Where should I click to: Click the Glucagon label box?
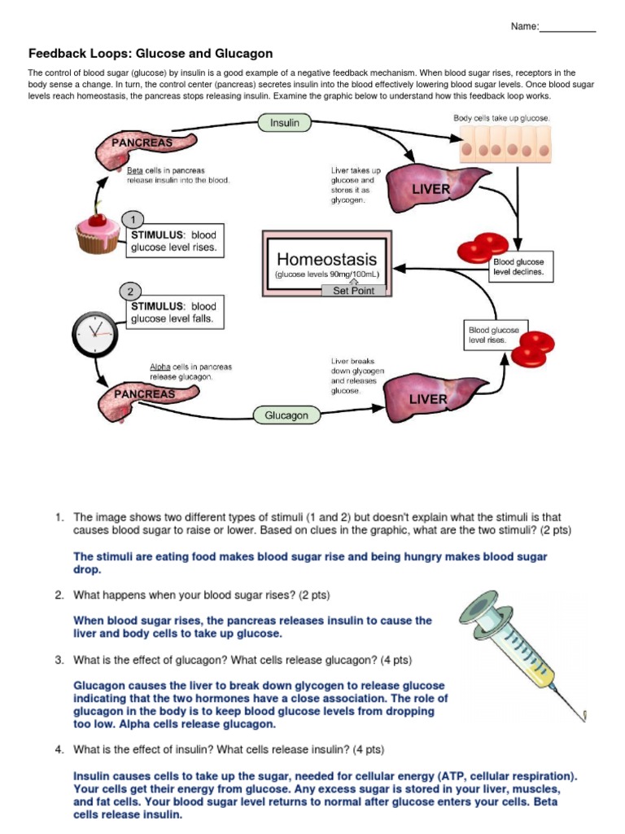coord(286,415)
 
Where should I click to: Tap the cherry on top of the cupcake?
coord(99,217)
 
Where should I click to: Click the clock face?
coord(94,331)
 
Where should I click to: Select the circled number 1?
coord(132,219)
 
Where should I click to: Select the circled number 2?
coord(130,291)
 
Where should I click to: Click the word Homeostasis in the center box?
coord(327,259)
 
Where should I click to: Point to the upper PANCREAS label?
coord(142,142)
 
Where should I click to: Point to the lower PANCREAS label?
coord(145,394)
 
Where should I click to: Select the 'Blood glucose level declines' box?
coord(518,268)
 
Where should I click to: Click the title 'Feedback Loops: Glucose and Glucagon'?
coord(151,54)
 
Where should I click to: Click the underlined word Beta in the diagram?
coord(134,171)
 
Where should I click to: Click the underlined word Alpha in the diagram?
coord(160,367)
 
